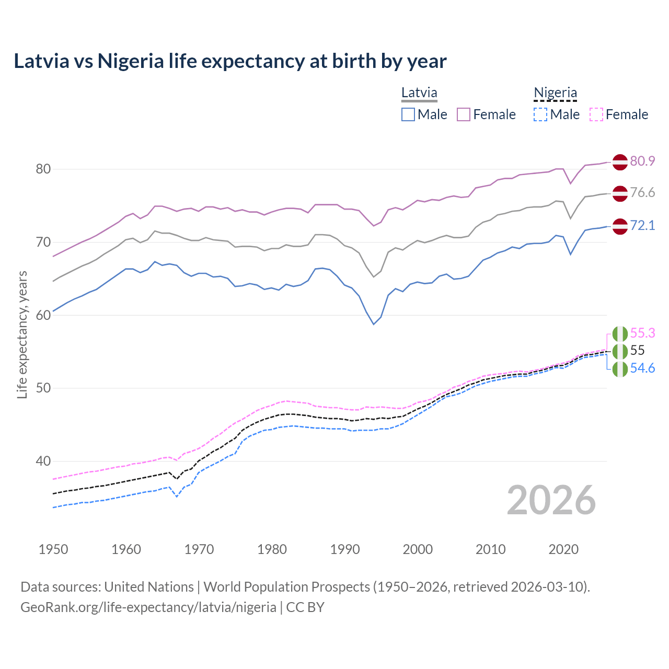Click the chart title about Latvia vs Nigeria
[230, 61]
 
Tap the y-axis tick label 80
[43, 169]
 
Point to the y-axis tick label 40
[43, 461]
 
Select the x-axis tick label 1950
[53, 549]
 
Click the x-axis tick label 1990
[345, 549]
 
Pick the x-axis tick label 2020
[563, 549]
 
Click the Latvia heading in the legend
[419, 93]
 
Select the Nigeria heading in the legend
[555, 93]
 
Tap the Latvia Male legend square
[408, 114]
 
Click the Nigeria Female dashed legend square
[596, 114]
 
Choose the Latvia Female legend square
[464, 114]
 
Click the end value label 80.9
[642, 161]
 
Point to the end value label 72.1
[642, 225]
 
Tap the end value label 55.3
[642, 333]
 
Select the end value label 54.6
[642, 368]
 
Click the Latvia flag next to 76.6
[620, 193]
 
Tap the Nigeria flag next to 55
[620, 351]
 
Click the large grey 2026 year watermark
[551, 500]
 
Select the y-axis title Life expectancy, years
[22, 334]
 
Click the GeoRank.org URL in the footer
[148, 607]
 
